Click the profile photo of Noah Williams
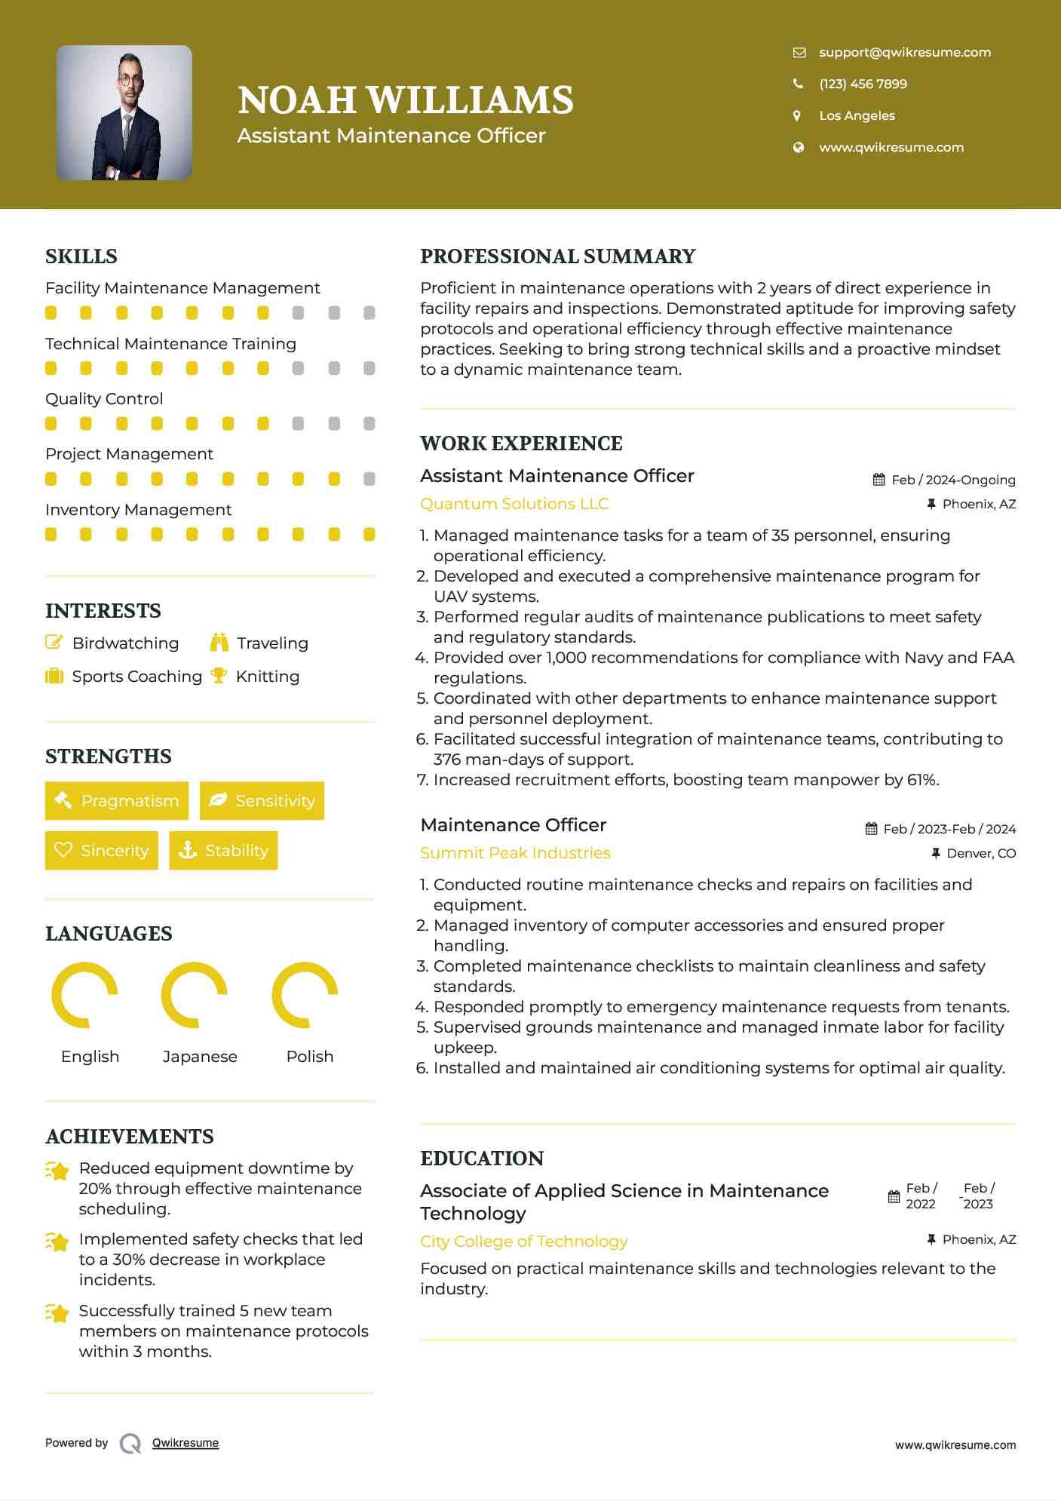[124, 113]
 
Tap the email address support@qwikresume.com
[904, 52]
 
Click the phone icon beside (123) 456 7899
[798, 84]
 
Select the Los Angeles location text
[857, 115]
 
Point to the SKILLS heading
[81, 256]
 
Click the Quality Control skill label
[104, 399]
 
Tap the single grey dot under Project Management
[369, 479]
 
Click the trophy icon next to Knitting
[219, 676]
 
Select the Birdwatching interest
[125, 643]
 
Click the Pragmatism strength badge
[117, 801]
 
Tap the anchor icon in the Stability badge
[188, 851]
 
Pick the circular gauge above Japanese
[195, 995]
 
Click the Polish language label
[310, 1057]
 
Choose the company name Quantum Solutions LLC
[514, 504]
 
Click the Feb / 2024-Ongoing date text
[953, 480]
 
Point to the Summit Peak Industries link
[515, 853]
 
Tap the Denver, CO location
[981, 853]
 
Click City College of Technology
[524, 1242]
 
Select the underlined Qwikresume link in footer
[186, 1443]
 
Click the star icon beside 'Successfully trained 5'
[57, 1313]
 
